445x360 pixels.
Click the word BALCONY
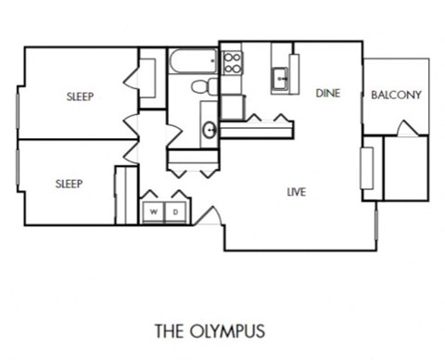point(396,95)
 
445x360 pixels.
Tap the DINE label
point(326,93)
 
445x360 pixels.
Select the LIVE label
point(297,192)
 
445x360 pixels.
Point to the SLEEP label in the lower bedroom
point(68,184)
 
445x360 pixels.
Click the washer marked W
point(153,212)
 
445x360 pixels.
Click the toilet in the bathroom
point(202,87)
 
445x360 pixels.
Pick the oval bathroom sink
point(210,129)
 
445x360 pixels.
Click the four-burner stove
point(232,63)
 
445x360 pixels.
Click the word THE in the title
point(171,330)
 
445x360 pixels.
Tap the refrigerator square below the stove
point(232,106)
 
